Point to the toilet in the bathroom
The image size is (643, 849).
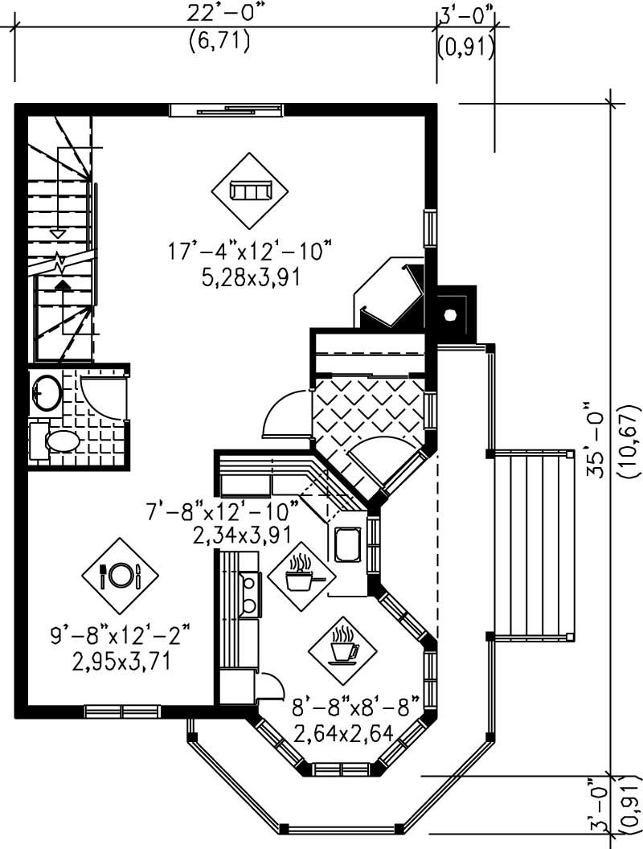[x=56, y=441]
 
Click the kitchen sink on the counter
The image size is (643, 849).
[x=348, y=543]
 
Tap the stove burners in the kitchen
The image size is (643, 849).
[x=250, y=594]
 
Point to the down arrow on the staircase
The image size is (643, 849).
[x=57, y=232]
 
